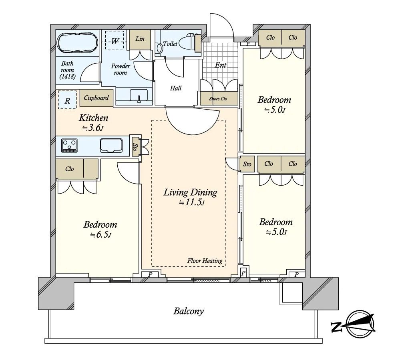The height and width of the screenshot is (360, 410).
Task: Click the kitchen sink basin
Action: click(111, 146)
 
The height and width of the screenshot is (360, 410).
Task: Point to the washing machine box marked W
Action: click(115, 40)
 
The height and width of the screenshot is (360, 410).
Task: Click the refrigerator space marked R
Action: click(67, 100)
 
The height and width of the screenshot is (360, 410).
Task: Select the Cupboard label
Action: click(96, 98)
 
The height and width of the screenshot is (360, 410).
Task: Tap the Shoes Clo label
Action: click(218, 99)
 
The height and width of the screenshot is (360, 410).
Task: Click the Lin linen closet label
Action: click(140, 39)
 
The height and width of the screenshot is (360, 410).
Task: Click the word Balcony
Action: click(189, 311)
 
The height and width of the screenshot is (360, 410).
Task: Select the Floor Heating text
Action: click(205, 260)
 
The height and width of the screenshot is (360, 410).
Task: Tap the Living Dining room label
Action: click(190, 192)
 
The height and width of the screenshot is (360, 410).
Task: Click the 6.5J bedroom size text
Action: click(100, 235)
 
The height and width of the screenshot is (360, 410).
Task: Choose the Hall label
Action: click(176, 88)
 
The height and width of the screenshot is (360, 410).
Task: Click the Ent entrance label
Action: click(221, 65)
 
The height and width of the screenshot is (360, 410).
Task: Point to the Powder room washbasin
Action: click(139, 95)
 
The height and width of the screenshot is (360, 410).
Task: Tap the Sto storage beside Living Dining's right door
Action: click(247, 164)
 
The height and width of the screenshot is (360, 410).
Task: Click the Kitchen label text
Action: click(94, 118)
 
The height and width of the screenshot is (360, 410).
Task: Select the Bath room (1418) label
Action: click(67, 70)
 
